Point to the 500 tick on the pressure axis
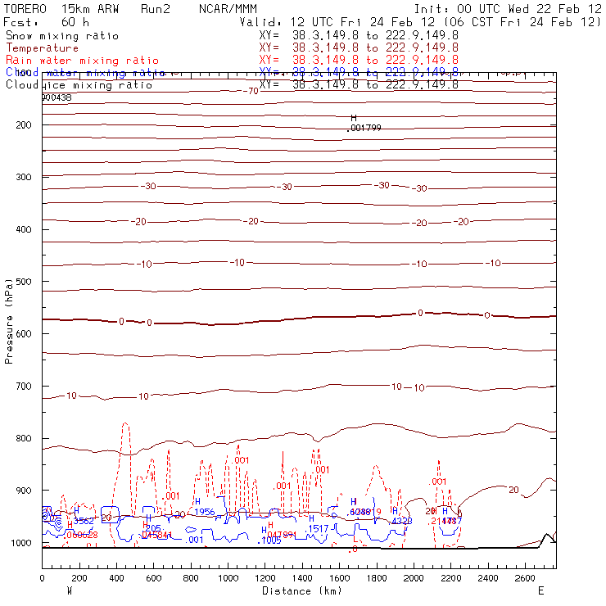pos(22,282)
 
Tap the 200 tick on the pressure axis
pos(22,124)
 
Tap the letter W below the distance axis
pos(70,590)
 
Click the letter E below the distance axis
pos(540,590)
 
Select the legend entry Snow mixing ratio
pos(61,36)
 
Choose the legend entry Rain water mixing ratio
pos(71,61)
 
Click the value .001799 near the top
pos(364,128)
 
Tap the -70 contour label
pos(251,90)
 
